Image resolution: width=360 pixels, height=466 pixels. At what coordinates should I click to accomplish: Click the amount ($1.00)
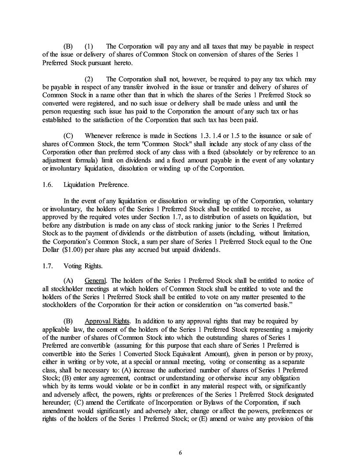pos(75,250)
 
